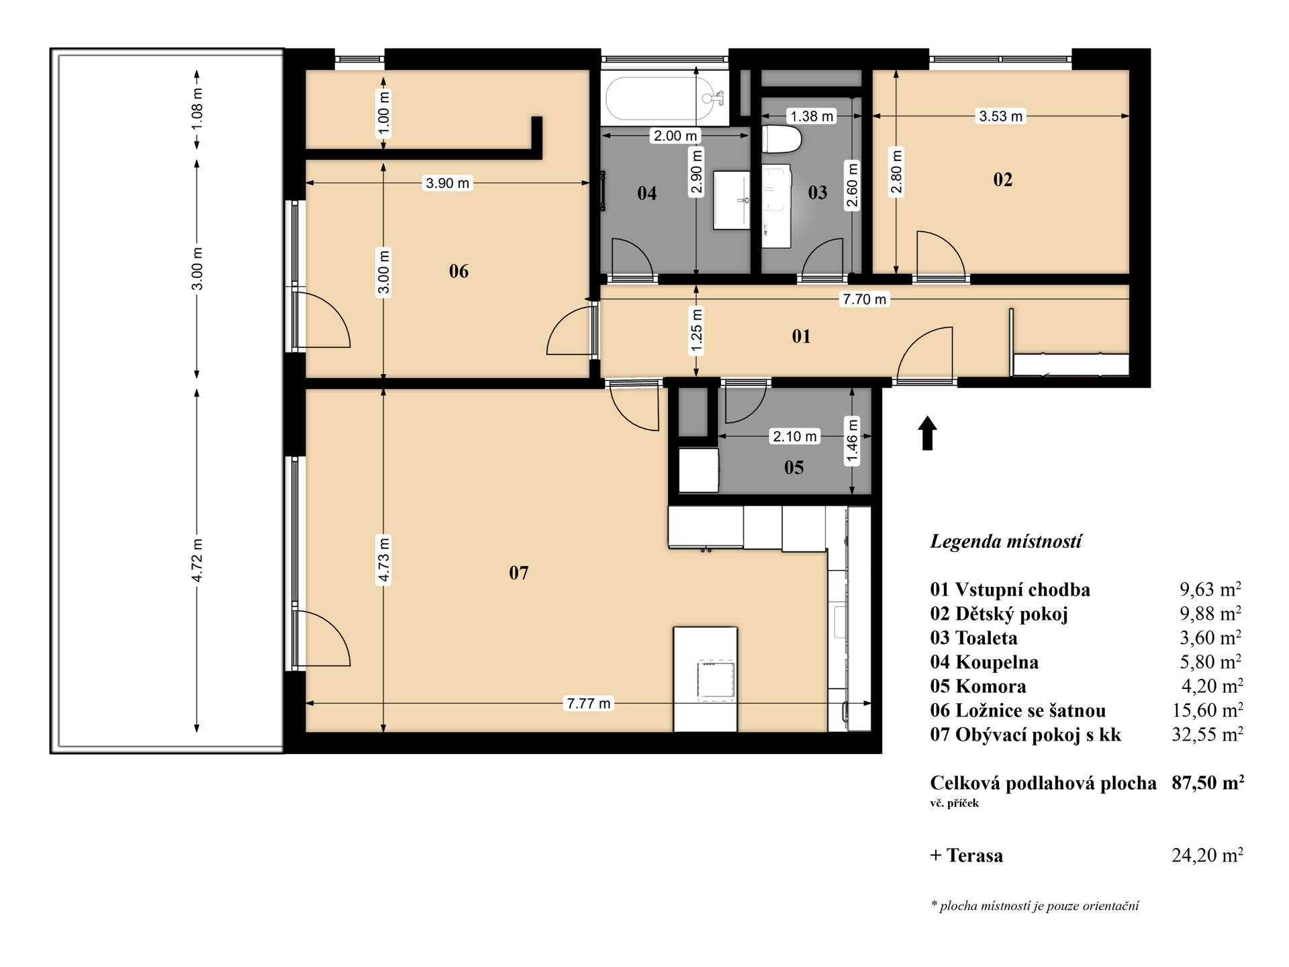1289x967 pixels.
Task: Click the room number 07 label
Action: (x=518, y=573)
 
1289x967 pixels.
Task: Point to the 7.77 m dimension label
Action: (x=589, y=703)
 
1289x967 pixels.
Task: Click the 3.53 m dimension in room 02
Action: (x=1000, y=116)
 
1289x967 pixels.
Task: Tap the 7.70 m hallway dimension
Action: (x=864, y=299)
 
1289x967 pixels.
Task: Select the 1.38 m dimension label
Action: (x=812, y=116)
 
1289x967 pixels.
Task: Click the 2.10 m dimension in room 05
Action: (x=795, y=436)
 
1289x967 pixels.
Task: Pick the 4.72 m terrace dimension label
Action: (x=197, y=559)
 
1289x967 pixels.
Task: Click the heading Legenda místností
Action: (x=1006, y=541)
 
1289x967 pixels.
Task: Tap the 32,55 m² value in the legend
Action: (x=1207, y=734)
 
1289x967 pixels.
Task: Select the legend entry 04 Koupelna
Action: (x=984, y=662)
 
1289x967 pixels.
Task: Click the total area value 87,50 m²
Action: (x=1208, y=782)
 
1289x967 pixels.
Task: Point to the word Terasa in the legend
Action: (x=975, y=855)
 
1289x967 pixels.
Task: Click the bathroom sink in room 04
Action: (x=731, y=200)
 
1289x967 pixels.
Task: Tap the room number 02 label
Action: (x=1002, y=179)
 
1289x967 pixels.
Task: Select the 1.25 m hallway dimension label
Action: (x=696, y=330)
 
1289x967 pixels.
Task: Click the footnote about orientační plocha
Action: (x=1035, y=906)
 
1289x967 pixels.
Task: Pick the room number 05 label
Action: (x=794, y=467)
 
